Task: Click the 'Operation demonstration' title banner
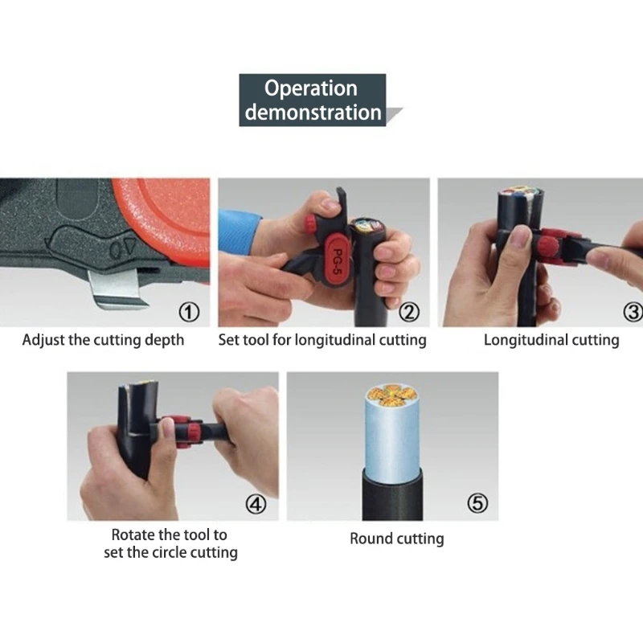[313, 100]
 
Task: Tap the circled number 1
[188, 311]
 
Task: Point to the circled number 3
[632, 311]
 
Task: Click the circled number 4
[255, 504]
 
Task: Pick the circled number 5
[477, 504]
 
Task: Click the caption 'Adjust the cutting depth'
[103, 340]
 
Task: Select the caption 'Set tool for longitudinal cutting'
[322, 340]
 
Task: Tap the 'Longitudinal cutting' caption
[551, 340]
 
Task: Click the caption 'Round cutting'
[396, 539]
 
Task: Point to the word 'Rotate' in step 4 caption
[134, 534]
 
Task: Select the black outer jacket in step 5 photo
[394, 494]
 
